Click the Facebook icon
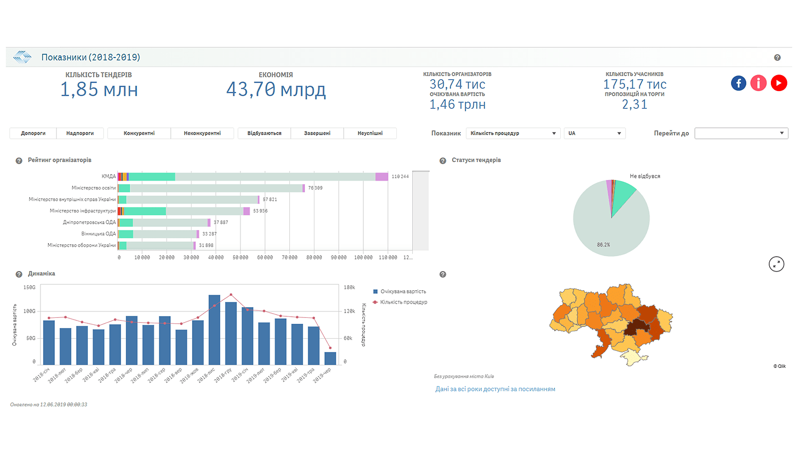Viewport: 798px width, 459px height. (738, 83)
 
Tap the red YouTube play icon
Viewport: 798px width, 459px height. (779, 83)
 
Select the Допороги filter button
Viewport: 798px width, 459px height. (33, 133)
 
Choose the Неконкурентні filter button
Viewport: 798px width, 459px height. (202, 133)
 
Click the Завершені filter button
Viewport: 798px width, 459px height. (317, 133)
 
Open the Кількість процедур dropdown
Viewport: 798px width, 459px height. (513, 133)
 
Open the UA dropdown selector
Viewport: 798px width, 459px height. (594, 133)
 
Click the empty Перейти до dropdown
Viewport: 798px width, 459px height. (741, 133)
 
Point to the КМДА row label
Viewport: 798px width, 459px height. (109, 176)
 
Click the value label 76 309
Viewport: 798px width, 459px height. (315, 188)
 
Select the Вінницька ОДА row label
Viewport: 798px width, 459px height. (98, 234)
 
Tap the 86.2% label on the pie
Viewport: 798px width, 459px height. (603, 245)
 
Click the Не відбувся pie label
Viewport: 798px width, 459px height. (645, 176)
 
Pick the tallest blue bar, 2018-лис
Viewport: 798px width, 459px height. (214, 330)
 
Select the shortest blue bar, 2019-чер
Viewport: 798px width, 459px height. (330, 358)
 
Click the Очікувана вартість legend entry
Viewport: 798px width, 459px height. (403, 292)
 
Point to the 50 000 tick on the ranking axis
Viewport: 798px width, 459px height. (240, 258)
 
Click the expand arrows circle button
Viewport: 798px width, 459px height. (777, 264)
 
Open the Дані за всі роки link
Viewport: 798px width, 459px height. (495, 389)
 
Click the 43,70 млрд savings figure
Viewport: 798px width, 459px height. (276, 89)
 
